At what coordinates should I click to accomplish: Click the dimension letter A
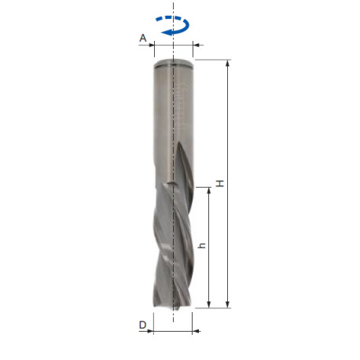(143, 39)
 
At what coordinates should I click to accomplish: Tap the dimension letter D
(142, 325)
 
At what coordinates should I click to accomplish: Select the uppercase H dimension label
(220, 183)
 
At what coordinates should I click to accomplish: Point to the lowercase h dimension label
(202, 246)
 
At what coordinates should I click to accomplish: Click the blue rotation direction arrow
(173, 25)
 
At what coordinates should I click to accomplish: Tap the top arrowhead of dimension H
(228, 64)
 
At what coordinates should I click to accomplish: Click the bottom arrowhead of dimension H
(228, 304)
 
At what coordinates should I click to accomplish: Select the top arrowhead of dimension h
(209, 191)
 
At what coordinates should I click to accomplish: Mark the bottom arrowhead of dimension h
(209, 304)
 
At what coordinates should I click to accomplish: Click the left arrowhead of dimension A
(151, 45)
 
